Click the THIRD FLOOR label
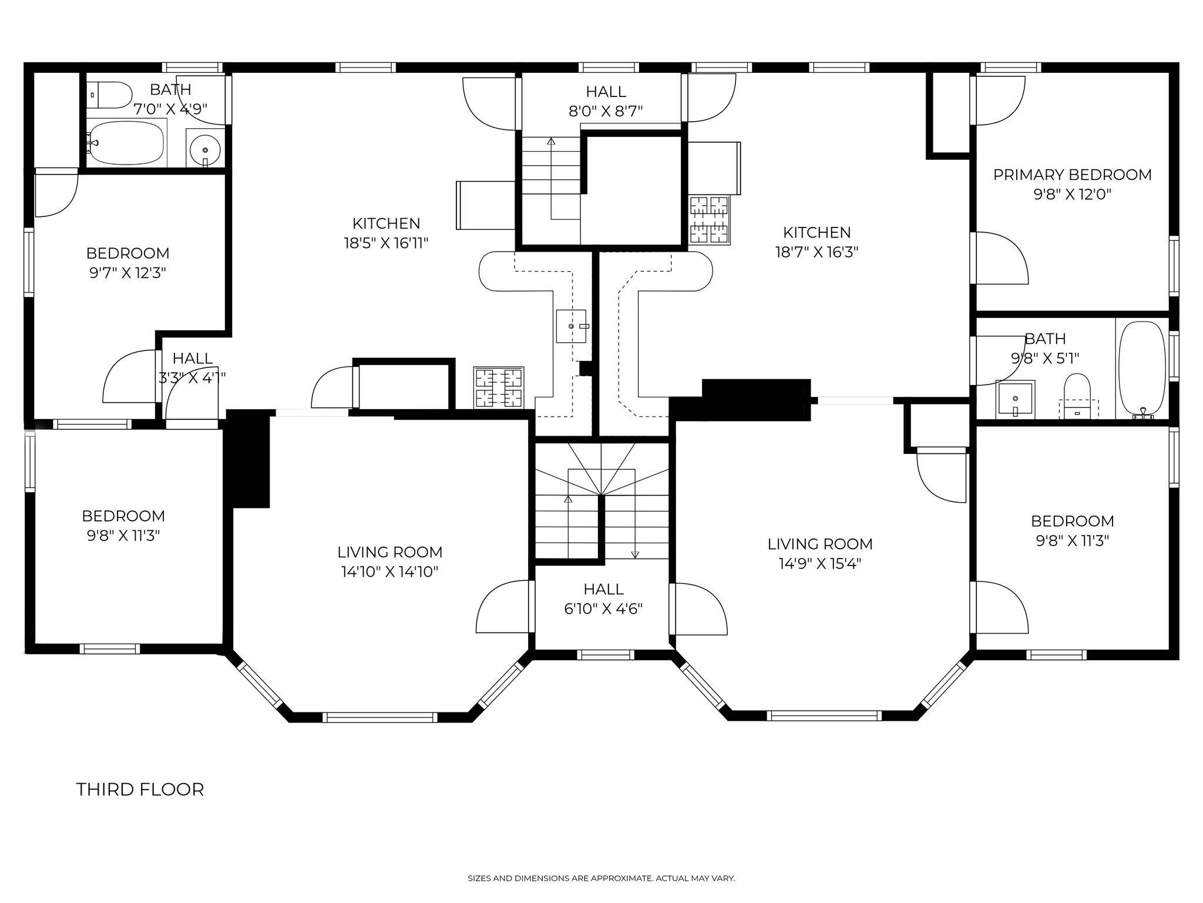pyautogui.click(x=140, y=790)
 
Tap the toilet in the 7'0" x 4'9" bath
pyautogui.click(x=111, y=95)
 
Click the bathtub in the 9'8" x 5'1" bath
pyautogui.click(x=1142, y=369)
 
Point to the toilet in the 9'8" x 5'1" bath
pyautogui.click(x=1077, y=393)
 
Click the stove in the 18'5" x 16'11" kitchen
pyautogui.click(x=499, y=387)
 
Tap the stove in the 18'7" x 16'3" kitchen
pyautogui.click(x=710, y=220)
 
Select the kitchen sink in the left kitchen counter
pyautogui.click(x=571, y=326)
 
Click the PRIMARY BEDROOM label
pyautogui.click(x=1072, y=175)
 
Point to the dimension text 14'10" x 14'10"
pyautogui.click(x=390, y=571)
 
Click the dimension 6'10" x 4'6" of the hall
pyautogui.click(x=603, y=608)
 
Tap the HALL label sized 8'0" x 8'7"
pyautogui.click(x=606, y=91)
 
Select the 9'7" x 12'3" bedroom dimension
pyautogui.click(x=127, y=273)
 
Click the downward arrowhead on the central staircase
pyautogui.click(x=635, y=554)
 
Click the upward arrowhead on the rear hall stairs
pyautogui.click(x=551, y=141)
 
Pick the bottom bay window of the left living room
pyautogui.click(x=381, y=717)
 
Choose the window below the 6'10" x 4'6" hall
pyautogui.click(x=605, y=654)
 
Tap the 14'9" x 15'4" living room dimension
pyautogui.click(x=819, y=564)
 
